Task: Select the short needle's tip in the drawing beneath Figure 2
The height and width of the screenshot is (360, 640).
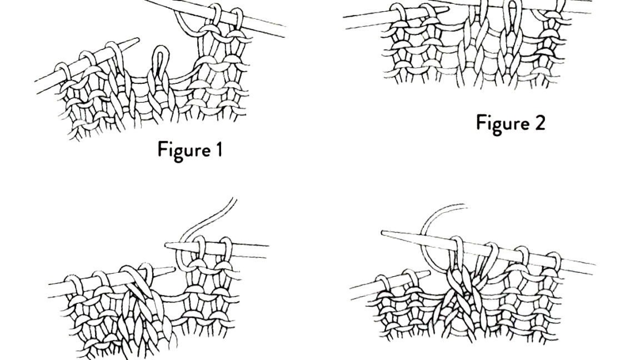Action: [x=429, y=272]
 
